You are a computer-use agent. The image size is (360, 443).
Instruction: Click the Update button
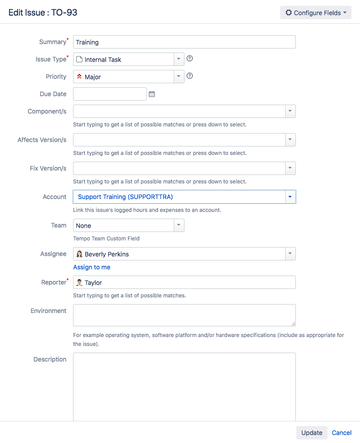click(x=311, y=433)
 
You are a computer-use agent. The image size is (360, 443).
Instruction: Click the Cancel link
click(x=342, y=433)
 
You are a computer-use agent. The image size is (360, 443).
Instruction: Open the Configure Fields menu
click(x=315, y=13)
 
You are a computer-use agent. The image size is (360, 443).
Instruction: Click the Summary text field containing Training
click(x=184, y=42)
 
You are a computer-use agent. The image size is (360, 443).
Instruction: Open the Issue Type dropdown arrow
click(x=179, y=59)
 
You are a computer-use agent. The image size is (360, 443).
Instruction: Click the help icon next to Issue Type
click(x=190, y=59)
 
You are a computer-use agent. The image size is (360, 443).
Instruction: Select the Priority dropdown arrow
click(x=179, y=77)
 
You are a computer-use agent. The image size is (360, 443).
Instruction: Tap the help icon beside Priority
click(x=190, y=76)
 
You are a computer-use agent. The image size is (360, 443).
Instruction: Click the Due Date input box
click(x=110, y=94)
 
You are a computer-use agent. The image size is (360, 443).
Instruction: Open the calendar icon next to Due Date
click(x=152, y=94)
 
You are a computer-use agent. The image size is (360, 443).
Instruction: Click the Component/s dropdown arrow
click(x=290, y=111)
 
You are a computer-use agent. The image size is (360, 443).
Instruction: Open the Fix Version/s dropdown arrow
click(x=290, y=168)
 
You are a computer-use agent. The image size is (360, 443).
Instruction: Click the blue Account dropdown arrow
click(x=290, y=197)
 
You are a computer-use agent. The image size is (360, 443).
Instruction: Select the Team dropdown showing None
click(x=128, y=225)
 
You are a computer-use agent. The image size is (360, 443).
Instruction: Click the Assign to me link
click(x=92, y=267)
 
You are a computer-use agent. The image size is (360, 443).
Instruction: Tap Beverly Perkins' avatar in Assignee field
click(x=80, y=254)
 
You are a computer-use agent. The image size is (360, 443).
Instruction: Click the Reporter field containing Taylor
click(x=184, y=282)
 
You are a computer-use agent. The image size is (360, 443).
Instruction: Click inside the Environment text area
click(x=184, y=315)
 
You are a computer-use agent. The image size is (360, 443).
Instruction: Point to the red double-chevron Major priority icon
click(x=79, y=77)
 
